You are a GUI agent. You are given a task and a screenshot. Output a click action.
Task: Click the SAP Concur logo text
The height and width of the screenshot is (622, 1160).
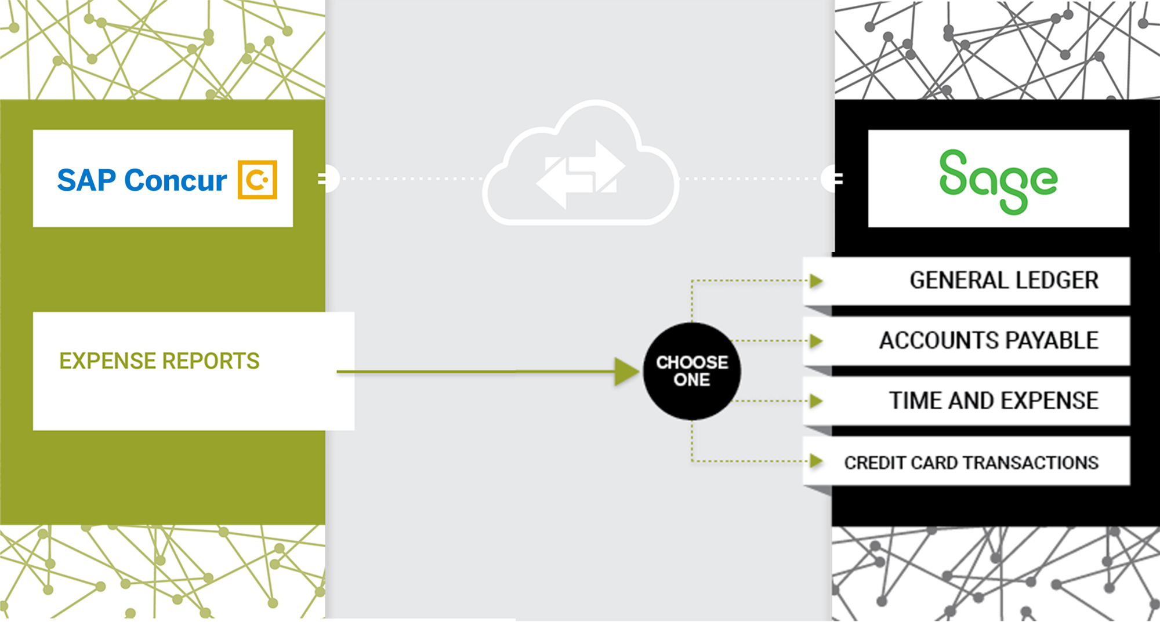142,180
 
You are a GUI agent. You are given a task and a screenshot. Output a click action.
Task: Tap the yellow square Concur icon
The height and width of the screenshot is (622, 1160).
258,180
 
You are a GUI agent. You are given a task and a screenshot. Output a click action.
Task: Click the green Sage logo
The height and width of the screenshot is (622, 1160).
998,180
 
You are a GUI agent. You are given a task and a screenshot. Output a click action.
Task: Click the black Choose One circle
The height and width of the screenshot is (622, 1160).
692,371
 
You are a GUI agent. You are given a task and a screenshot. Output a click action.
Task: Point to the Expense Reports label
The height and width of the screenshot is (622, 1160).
159,361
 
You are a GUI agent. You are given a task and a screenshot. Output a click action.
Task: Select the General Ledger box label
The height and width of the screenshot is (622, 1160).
1004,281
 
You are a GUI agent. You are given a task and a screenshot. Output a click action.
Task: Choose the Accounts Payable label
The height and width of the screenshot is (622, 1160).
989,341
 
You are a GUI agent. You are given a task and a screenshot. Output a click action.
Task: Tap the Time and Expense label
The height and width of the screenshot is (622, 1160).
994,401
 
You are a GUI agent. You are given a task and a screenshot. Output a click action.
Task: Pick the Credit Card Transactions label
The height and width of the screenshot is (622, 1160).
971,463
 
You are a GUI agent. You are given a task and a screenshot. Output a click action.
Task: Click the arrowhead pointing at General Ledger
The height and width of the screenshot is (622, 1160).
817,281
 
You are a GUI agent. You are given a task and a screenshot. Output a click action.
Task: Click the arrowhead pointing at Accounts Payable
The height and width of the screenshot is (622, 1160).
817,341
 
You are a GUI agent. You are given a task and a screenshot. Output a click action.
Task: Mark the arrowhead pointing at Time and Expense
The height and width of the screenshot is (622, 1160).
817,401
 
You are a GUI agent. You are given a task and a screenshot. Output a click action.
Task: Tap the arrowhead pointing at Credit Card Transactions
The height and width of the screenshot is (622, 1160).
817,461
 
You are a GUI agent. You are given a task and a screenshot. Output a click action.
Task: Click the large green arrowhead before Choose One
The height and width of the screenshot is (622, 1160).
626,372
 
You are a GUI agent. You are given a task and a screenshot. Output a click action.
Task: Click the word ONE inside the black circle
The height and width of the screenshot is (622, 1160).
692,380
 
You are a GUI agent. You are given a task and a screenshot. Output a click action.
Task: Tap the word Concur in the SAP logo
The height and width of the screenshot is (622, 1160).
175,180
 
